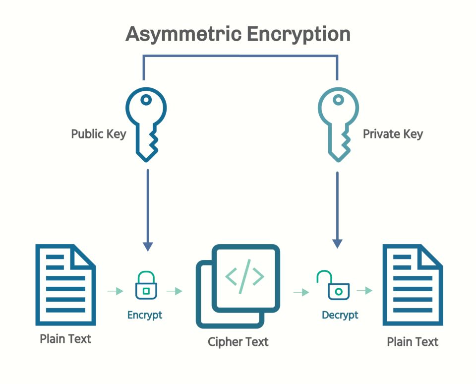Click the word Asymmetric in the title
[183, 35]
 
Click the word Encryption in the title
[299, 35]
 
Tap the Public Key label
[99, 134]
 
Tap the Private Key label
[393, 134]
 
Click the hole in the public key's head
[146, 100]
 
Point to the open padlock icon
[338, 291]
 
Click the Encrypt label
[145, 315]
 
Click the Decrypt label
[340, 315]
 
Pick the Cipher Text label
[238, 342]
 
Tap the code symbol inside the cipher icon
[244, 276]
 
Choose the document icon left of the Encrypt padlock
[65, 285]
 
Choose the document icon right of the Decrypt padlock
[413, 285]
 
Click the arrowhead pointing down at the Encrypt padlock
[148, 247]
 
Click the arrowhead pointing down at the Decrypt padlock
[337, 244]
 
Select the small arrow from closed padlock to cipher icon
[174, 291]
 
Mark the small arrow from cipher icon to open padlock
[301, 292]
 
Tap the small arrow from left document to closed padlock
[116, 291]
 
